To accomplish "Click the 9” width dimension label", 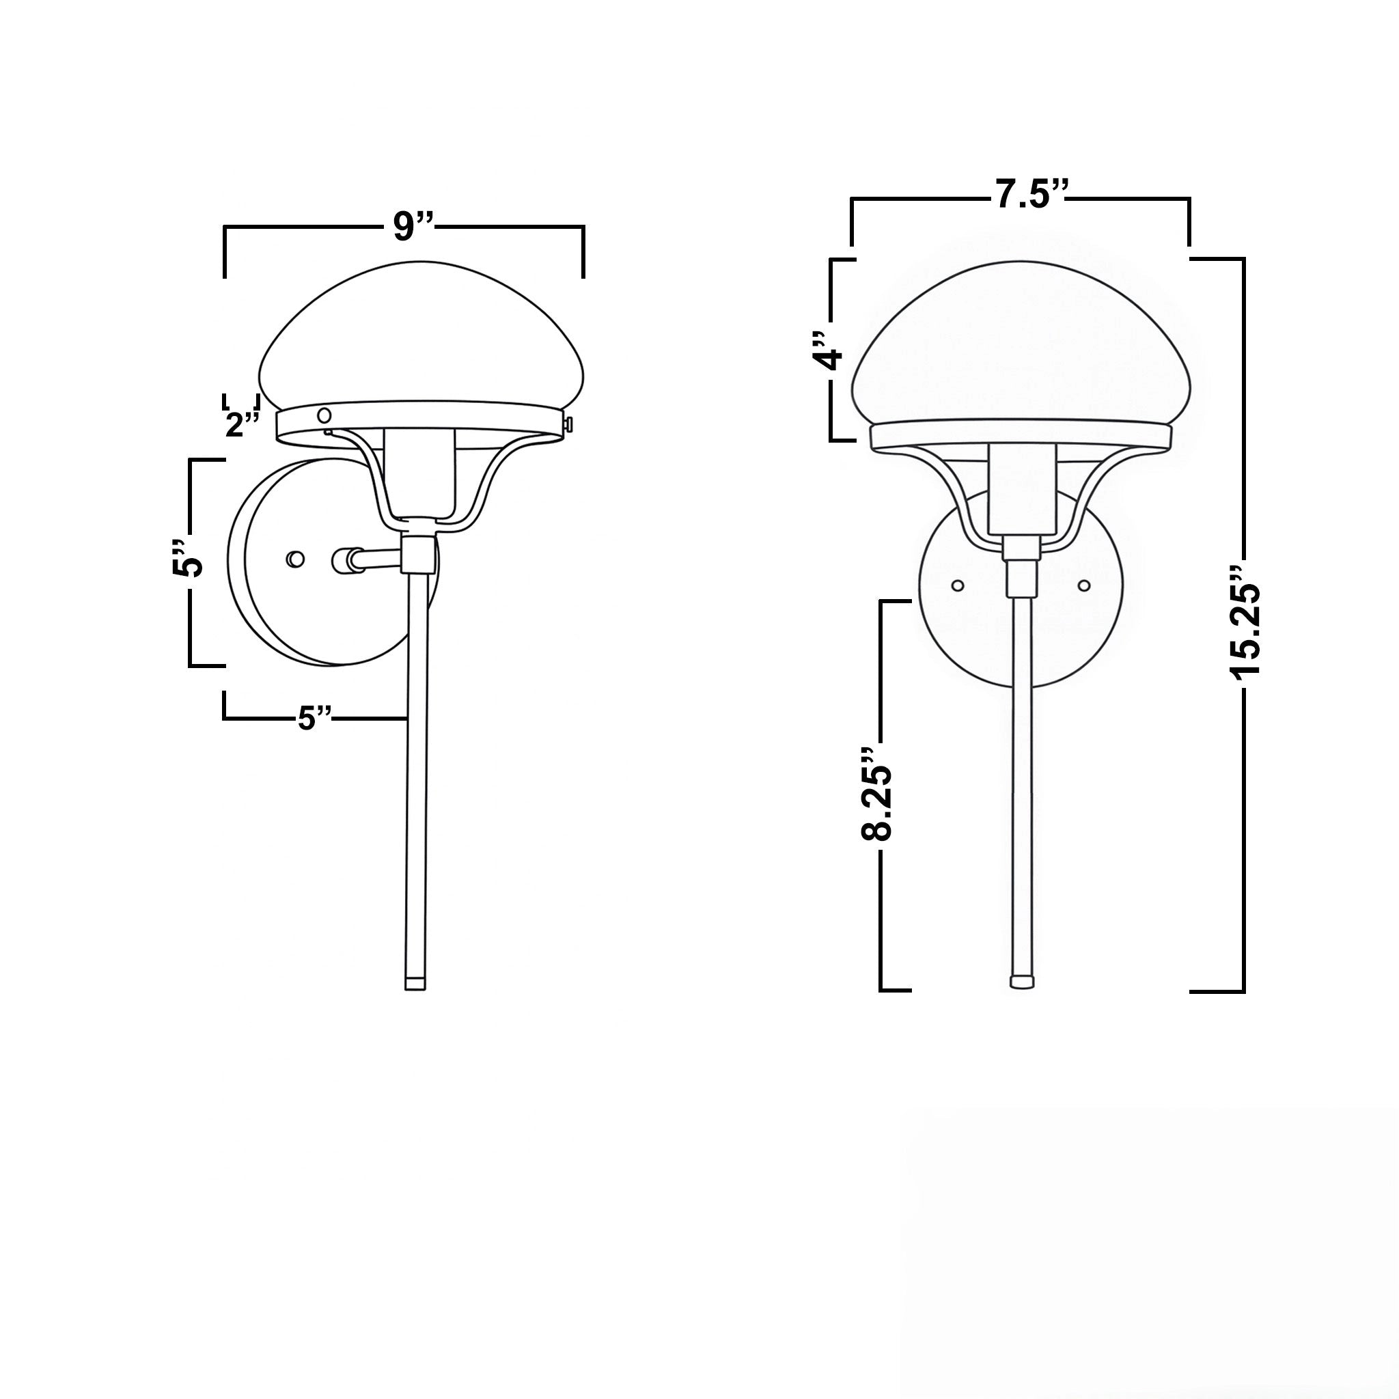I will point(412,227).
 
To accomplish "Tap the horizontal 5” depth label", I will point(315,719).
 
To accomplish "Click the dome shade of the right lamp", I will point(1021,348).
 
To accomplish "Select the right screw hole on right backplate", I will point(1084,584).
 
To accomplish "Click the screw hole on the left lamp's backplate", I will point(294,559).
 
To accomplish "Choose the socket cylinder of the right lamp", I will point(1021,486).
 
